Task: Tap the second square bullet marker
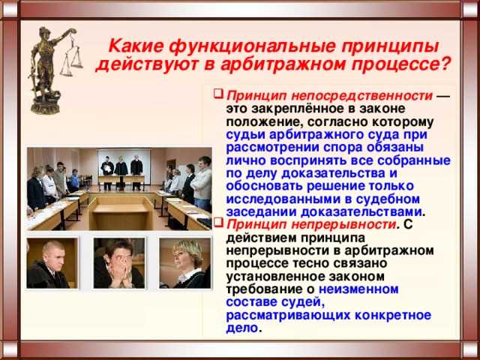217,223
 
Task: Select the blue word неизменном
358,287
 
